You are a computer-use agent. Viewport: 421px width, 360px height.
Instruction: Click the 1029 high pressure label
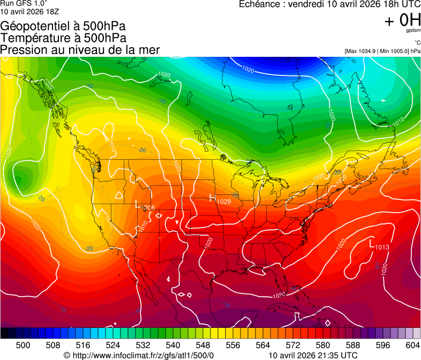click(x=223, y=201)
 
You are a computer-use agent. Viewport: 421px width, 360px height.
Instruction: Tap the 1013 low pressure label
click(x=382, y=247)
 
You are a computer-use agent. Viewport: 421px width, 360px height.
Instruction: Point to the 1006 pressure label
click(x=148, y=207)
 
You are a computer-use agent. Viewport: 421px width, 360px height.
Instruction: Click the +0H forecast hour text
click(x=402, y=20)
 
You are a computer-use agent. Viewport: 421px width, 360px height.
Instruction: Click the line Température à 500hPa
click(x=63, y=38)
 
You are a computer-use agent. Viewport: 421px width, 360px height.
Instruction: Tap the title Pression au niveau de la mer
click(x=80, y=50)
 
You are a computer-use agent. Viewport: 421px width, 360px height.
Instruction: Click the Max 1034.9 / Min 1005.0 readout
click(x=382, y=51)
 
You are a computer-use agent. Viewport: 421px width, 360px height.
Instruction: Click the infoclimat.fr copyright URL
click(x=139, y=355)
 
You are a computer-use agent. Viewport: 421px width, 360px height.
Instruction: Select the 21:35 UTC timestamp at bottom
click(x=313, y=355)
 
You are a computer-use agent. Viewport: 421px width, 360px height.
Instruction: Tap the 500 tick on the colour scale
click(x=23, y=344)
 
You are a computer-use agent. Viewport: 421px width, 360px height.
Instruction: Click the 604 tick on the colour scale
click(x=412, y=344)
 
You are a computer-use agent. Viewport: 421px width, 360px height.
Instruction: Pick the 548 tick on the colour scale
click(x=202, y=344)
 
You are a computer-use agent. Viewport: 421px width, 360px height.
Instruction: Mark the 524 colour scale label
click(x=113, y=344)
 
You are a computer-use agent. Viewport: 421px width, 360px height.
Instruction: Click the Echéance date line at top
click(x=329, y=4)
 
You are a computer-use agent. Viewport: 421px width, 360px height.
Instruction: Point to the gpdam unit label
click(x=413, y=31)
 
